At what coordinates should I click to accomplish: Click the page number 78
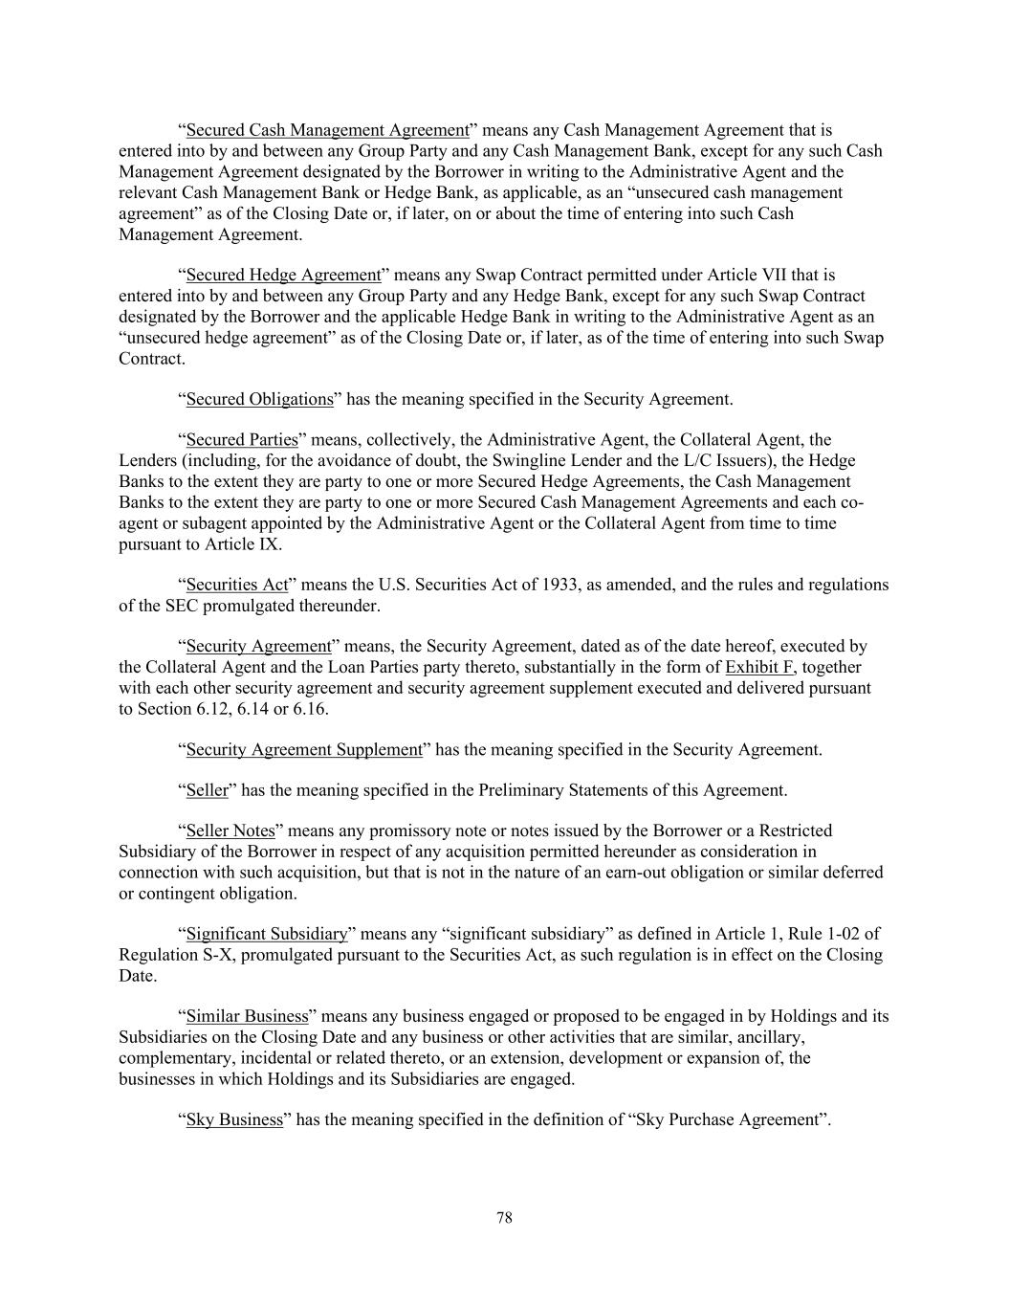pyautogui.click(x=505, y=1217)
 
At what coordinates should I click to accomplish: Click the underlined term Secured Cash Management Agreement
pyautogui.click(x=327, y=130)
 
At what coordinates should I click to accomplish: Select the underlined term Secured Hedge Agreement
pyautogui.click(x=283, y=276)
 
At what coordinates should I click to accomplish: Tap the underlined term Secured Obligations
pyautogui.click(x=259, y=399)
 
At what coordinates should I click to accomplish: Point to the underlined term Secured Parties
pyautogui.click(x=242, y=440)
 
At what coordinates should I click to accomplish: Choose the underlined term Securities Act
pyautogui.click(x=237, y=585)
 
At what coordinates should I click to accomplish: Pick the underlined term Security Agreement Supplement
pyautogui.click(x=304, y=749)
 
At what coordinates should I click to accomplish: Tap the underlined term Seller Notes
pyautogui.click(x=230, y=830)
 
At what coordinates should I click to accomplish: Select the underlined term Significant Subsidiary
pyautogui.click(x=266, y=934)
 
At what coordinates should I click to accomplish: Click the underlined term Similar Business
pyautogui.click(x=247, y=1016)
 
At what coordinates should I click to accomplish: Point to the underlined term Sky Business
pyautogui.click(x=234, y=1119)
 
